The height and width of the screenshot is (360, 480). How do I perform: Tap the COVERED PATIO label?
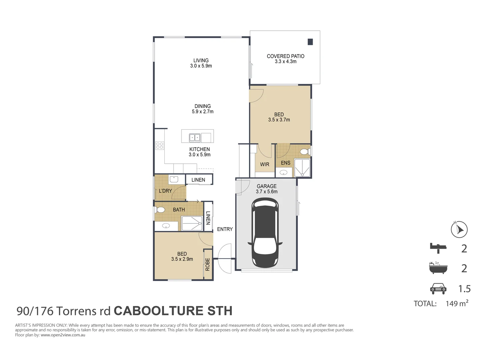coord(285,56)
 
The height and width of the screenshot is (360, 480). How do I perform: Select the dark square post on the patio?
coord(310,42)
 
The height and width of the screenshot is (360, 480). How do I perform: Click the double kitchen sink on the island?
coord(195,137)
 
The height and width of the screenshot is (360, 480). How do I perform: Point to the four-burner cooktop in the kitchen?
coord(160,145)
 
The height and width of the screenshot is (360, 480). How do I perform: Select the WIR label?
coord(265,164)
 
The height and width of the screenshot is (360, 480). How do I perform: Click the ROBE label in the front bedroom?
coord(208,264)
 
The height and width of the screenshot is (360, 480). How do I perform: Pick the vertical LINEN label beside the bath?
coord(208,218)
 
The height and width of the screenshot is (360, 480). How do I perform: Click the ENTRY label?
coord(225,229)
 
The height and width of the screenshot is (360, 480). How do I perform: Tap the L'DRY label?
coord(165,191)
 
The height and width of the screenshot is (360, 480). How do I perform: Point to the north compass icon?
coord(459,229)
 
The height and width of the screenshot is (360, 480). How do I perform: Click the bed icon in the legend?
coord(438,248)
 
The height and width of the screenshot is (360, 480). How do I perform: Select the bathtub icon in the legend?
coord(438,268)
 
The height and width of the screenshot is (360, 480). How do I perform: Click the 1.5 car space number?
coord(464,289)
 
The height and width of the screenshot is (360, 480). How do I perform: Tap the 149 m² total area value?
coord(457,303)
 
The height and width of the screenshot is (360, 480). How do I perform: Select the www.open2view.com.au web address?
coord(63,335)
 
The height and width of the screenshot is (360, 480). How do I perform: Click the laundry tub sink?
coord(174,179)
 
